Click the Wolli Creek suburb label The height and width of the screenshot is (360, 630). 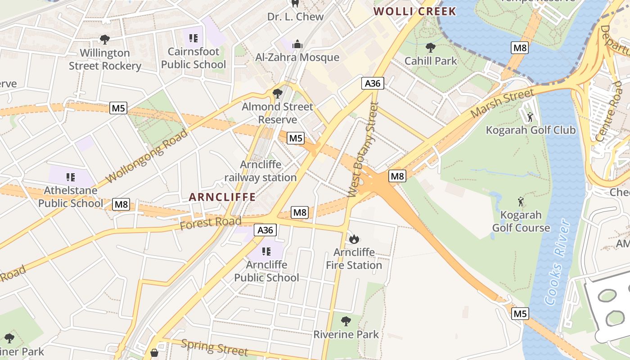(415, 11)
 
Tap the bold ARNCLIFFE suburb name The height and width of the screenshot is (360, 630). (222, 197)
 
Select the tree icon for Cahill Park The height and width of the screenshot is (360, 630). (431, 47)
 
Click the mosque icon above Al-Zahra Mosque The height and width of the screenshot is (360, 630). (297, 44)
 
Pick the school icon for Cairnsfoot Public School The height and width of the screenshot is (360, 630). (193, 38)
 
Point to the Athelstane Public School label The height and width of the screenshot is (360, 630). (71, 197)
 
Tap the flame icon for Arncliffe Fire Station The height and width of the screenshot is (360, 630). (354, 238)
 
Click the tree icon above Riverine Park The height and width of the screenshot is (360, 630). (346, 321)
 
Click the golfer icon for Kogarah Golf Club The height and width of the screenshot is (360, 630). (530, 117)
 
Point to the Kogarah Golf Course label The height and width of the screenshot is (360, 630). (521, 221)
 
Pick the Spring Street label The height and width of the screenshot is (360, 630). (214, 347)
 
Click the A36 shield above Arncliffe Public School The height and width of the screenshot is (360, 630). (265, 230)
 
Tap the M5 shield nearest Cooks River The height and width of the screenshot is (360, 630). (520, 313)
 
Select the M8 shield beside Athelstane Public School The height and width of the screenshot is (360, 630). (121, 204)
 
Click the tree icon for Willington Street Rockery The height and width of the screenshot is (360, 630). (105, 40)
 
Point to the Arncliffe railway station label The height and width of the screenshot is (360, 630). (261, 171)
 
